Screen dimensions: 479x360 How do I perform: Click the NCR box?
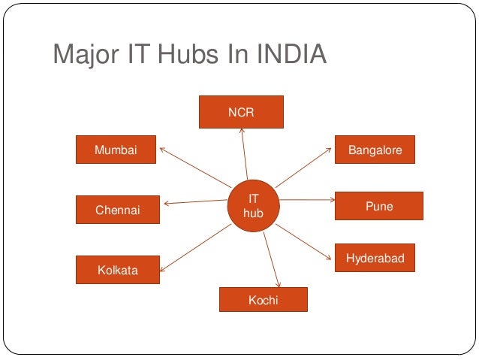pyautogui.click(x=241, y=112)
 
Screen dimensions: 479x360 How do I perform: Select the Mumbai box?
pyautogui.click(x=116, y=150)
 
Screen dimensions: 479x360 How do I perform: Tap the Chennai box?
pyautogui.click(x=118, y=210)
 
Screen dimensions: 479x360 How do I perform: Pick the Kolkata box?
pyautogui.click(x=118, y=270)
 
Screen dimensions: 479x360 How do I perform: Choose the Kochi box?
pyautogui.click(x=263, y=300)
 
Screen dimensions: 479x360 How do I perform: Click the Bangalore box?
pyautogui.click(x=375, y=150)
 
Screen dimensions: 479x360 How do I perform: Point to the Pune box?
pyautogui.click(x=378, y=206)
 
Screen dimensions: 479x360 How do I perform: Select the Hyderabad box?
pyautogui.click(x=375, y=259)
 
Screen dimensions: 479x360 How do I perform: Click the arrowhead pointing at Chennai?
pyautogui.click(x=166, y=204)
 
